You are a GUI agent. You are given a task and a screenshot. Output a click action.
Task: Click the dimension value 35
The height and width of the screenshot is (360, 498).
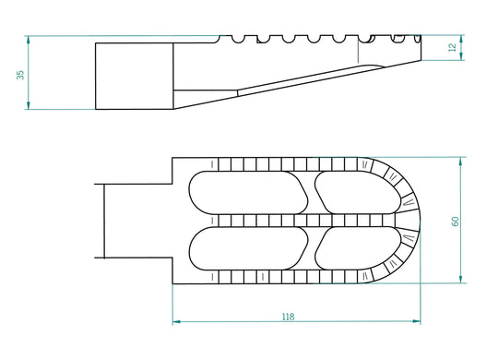[20, 75]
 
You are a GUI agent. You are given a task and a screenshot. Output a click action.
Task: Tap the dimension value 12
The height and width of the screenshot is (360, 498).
[452, 47]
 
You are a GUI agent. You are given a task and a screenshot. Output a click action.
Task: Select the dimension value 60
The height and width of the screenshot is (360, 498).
[456, 222]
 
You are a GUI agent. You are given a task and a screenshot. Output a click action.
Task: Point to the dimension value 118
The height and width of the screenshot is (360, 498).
[288, 317]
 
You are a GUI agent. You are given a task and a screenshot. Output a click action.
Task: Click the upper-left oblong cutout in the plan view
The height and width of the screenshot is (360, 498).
[248, 193]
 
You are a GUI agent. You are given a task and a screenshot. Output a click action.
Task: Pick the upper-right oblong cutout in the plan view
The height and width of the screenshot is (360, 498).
[358, 193]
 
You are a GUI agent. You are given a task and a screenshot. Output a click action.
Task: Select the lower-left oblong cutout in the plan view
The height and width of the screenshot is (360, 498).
[248, 248]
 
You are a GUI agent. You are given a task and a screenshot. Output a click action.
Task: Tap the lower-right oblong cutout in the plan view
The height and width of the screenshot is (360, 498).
[358, 248]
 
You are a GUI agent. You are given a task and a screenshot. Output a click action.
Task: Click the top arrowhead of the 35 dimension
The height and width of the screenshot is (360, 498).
[29, 40]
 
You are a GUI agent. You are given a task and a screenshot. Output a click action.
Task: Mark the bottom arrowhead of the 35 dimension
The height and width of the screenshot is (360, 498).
[29, 105]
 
